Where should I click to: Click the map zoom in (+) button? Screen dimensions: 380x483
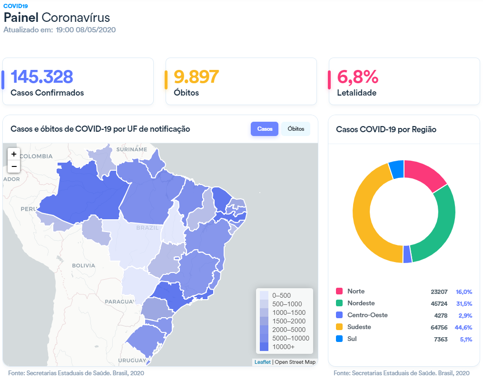coord(14,154)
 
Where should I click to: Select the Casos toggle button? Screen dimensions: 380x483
coord(265,129)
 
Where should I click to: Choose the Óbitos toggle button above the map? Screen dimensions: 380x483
coord(296,129)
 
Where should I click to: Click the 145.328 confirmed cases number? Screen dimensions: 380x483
coord(42,76)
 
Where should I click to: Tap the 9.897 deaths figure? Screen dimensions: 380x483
coord(196,76)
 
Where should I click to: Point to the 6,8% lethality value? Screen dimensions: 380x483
coord(357,76)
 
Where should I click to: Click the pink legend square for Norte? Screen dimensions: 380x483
coord(339,291)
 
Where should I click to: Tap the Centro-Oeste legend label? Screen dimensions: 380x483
coord(367,315)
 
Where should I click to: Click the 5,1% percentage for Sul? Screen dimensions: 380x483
coord(465,339)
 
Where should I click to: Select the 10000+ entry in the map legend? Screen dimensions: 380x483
coord(284,347)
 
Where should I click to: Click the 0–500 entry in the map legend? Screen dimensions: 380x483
coord(281,295)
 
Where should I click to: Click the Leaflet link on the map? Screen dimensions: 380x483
coord(262,362)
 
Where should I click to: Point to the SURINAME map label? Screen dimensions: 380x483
coord(132,149)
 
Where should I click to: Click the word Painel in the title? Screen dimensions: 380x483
coord(21,18)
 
